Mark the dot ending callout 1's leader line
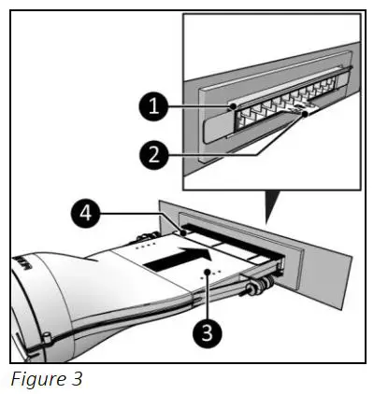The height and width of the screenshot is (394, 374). click(232, 107)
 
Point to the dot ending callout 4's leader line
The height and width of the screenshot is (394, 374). click(184, 228)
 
